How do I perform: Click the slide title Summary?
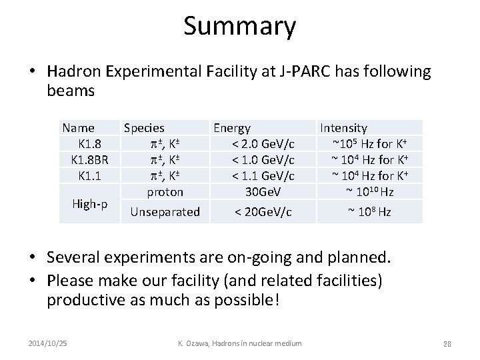(239, 27)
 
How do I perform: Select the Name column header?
(78, 127)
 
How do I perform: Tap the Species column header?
(144, 127)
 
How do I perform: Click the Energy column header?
(232, 127)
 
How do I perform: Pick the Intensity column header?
(343, 127)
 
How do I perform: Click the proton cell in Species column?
(165, 192)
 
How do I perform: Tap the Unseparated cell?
(165, 212)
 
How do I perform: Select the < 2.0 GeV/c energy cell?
(262, 143)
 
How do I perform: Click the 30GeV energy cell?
(262, 192)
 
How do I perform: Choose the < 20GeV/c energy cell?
(262, 212)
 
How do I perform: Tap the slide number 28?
(447, 344)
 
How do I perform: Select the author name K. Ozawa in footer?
(195, 343)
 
